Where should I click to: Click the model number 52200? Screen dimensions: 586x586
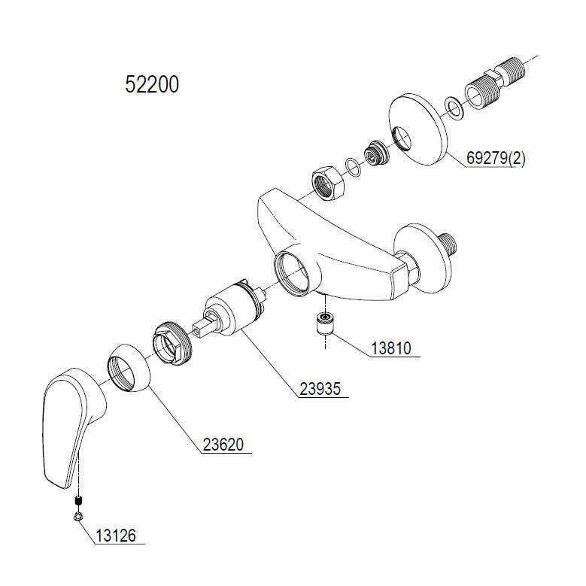tap(152, 85)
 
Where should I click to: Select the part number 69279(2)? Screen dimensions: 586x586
tap(496, 159)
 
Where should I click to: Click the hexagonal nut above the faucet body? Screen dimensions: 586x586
tap(327, 183)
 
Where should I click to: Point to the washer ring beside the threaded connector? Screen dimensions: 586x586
tap(454, 108)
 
